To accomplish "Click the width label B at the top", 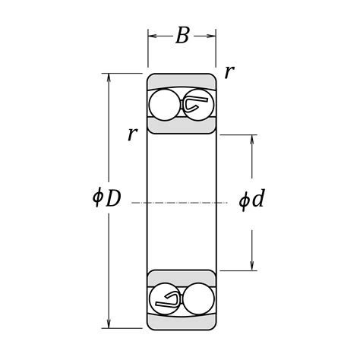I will [x=182, y=36].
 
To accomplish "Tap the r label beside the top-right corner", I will [x=229, y=72].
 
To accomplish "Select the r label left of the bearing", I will [x=132, y=134].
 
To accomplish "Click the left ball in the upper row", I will [x=163, y=105].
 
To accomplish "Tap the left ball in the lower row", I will [x=163, y=298].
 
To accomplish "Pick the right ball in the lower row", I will [x=199, y=298].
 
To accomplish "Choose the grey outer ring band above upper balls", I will [x=182, y=81].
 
